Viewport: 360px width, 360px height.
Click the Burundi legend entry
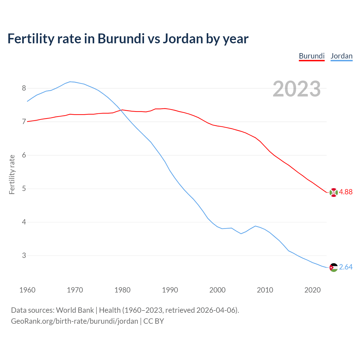click(x=312, y=56)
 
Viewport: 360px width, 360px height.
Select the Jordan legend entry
click(x=341, y=56)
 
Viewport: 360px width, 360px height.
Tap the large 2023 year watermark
click(x=297, y=89)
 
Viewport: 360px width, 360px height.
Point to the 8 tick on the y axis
click(x=24, y=88)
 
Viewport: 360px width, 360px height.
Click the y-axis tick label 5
click(x=24, y=189)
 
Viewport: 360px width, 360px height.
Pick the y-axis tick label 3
click(x=24, y=256)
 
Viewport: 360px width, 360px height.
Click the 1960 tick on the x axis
click(x=27, y=290)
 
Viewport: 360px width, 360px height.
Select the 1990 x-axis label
click(x=170, y=290)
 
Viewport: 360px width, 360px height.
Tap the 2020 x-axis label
click(x=312, y=290)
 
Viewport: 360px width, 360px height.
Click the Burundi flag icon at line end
click(x=334, y=192)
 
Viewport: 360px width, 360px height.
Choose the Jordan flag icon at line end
click(x=334, y=267)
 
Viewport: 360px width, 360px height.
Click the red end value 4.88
click(x=346, y=192)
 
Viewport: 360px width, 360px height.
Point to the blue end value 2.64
click(x=346, y=267)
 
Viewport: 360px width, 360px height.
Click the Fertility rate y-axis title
click(x=12, y=174)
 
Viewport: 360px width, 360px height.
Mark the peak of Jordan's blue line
click(x=70, y=82)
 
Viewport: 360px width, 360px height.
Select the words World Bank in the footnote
click(x=75, y=310)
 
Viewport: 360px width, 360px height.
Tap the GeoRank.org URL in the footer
click(x=75, y=321)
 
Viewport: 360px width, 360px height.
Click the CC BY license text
click(x=154, y=321)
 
